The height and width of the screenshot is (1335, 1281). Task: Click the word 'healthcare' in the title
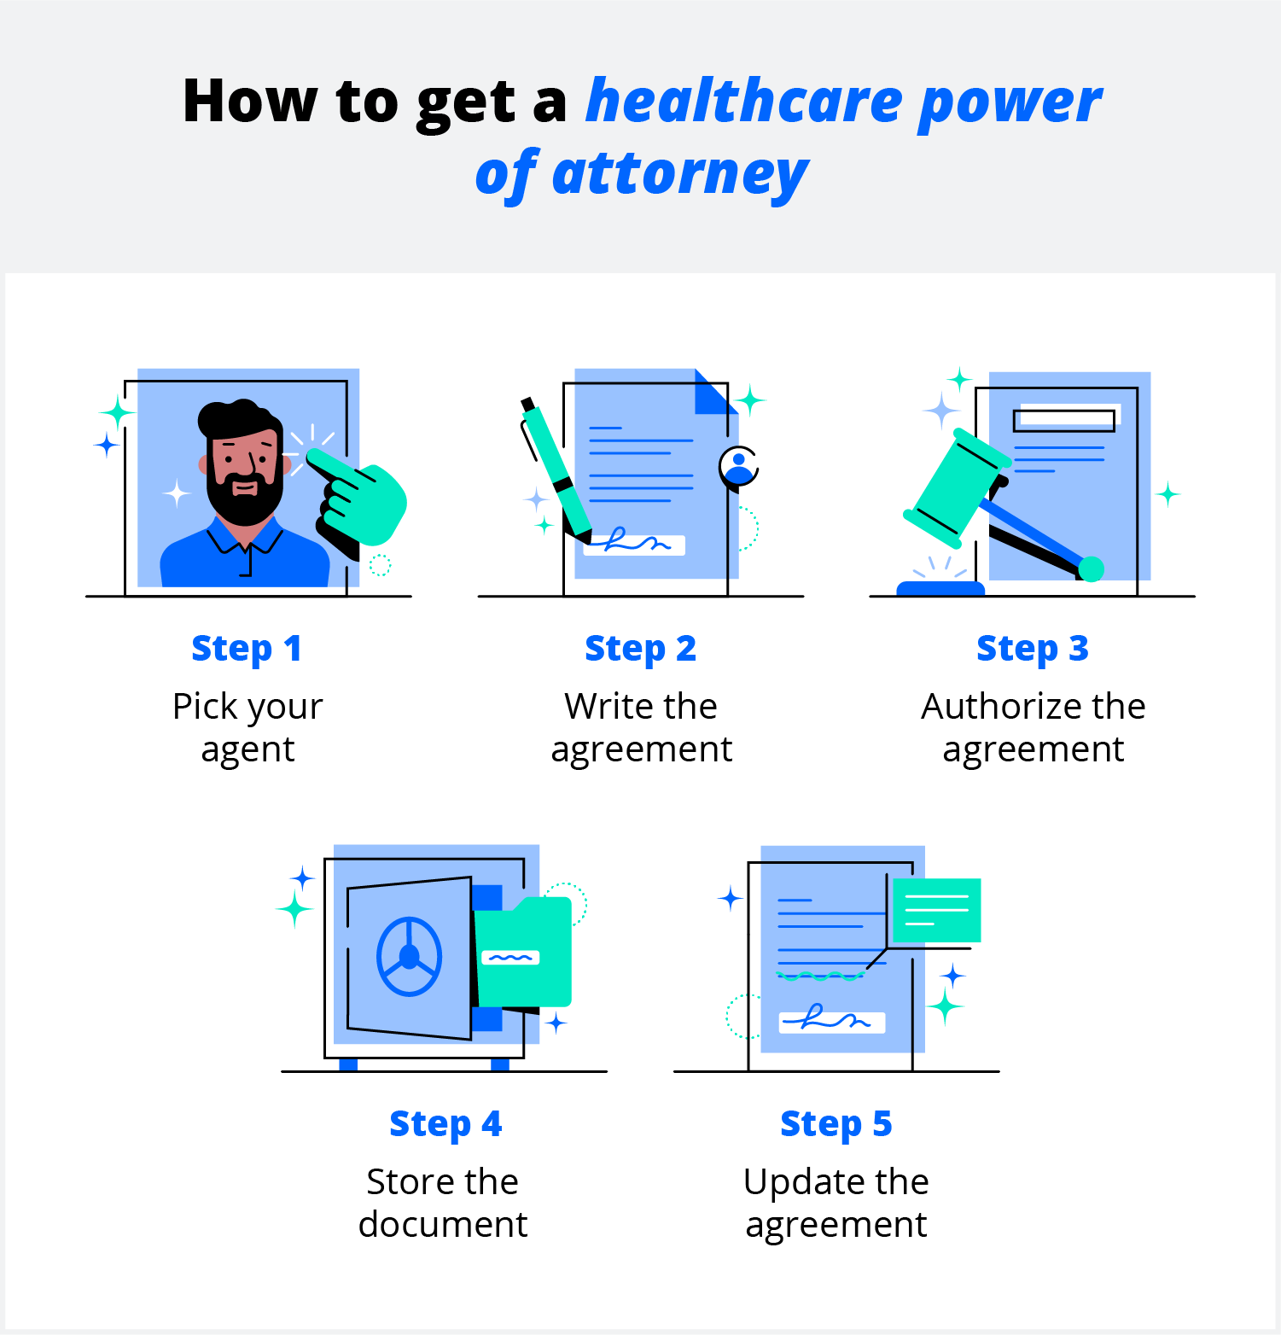tap(745, 101)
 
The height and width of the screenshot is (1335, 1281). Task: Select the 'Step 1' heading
tap(247, 649)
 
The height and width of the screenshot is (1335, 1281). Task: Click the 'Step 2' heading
tap(640, 649)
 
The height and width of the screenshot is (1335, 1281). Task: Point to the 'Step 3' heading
tap(1033, 649)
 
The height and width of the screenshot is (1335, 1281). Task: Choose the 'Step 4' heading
tap(445, 1124)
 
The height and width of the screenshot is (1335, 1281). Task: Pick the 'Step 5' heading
tap(836, 1124)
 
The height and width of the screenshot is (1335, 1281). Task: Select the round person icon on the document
tap(738, 466)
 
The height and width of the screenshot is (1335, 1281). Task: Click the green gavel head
tap(957, 487)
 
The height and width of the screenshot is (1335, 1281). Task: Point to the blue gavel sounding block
tap(940, 588)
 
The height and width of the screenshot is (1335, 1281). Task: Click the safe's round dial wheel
tap(410, 957)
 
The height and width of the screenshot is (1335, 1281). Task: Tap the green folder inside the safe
tap(522, 952)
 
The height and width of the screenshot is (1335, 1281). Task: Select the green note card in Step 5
tap(936, 910)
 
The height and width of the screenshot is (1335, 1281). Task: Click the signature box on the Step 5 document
tap(832, 1022)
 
